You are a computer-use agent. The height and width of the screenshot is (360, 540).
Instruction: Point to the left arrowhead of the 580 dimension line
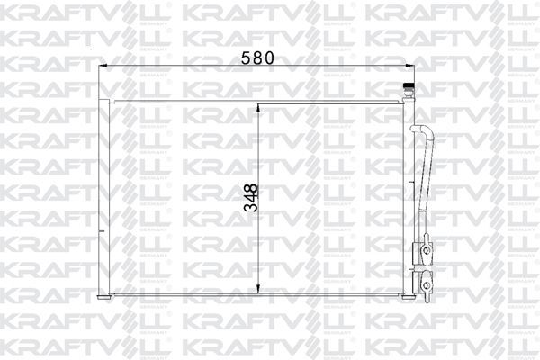[x=101, y=66]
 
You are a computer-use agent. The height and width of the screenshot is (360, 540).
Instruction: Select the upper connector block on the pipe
[x=422, y=249]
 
